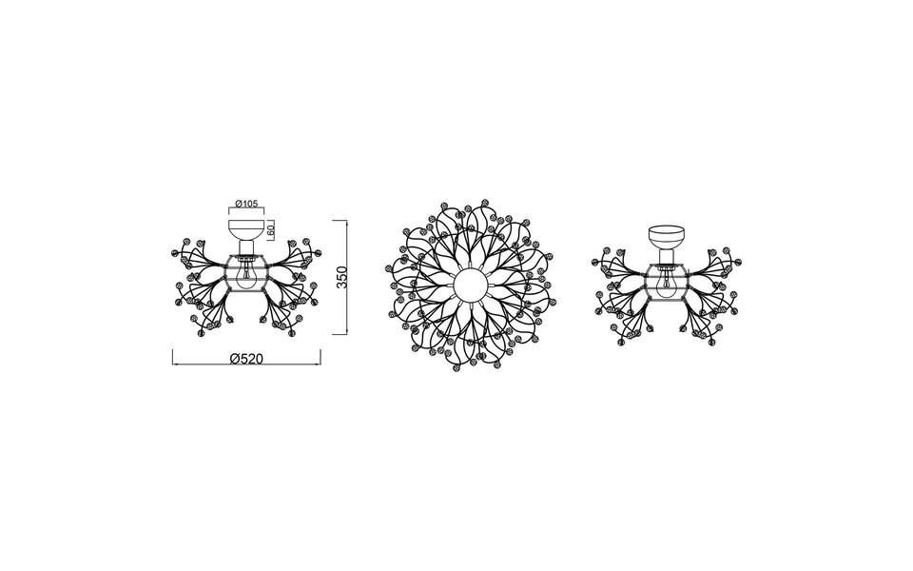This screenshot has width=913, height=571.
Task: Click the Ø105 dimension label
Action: coord(246,203)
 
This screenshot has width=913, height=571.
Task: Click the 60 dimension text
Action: coord(272,229)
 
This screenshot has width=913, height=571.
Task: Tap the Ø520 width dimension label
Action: coord(247,359)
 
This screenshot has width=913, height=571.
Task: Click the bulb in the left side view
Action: coord(247,278)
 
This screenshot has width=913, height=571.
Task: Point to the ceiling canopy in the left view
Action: coord(247,229)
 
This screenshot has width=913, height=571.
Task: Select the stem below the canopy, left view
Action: coord(247,249)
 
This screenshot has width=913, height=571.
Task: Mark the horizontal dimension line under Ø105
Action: coord(247,209)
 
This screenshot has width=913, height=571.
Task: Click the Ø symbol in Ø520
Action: coord(234,359)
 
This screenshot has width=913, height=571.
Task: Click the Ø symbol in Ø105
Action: coord(237,203)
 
